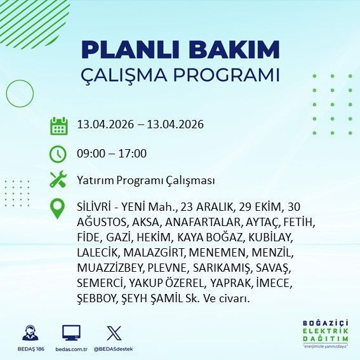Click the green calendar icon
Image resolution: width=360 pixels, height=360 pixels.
coord(58,125)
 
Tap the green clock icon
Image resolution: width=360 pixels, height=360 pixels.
coord(58,154)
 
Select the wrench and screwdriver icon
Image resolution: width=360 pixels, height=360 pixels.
coord(58,180)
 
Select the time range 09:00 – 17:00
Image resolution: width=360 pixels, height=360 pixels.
coord(112,154)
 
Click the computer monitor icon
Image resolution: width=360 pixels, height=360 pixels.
coord(71,333)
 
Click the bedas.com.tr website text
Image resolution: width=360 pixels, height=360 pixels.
coord(71,349)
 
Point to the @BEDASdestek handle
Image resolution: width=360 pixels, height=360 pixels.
coord(114,349)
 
